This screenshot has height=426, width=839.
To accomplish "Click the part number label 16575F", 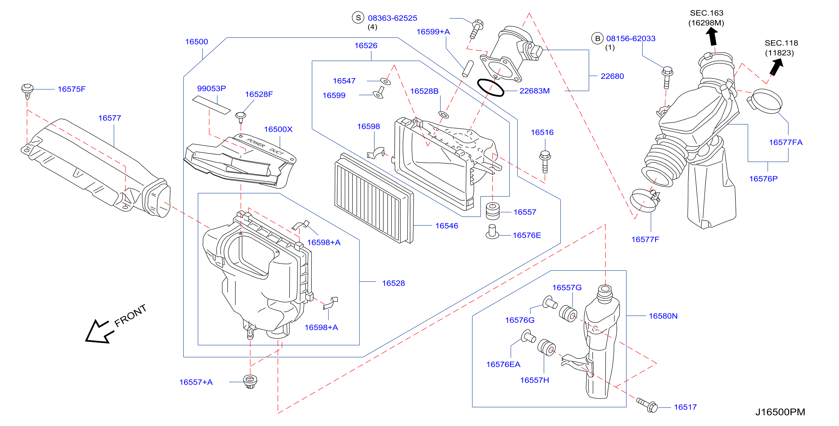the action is pyautogui.click(x=71, y=89).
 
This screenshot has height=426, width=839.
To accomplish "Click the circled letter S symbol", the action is pyautogui.click(x=358, y=18).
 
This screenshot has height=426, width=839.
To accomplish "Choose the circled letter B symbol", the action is pyautogui.click(x=597, y=38).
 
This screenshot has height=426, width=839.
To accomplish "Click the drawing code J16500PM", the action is pyautogui.click(x=780, y=412).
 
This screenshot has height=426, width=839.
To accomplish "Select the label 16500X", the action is pyautogui.click(x=278, y=129).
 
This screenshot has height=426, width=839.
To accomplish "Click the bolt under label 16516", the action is pyautogui.click(x=545, y=162).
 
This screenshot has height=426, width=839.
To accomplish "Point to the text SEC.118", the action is pyautogui.click(x=781, y=43).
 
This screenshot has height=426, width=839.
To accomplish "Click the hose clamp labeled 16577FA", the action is pyautogui.click(x=764, y=101).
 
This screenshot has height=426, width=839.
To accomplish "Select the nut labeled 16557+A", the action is pyautogui.click(x=250, y=382).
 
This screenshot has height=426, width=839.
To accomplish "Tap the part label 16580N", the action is pyautogui.click(x=663, y=316).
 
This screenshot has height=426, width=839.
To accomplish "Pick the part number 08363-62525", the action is pyautogui.click(x=392, y=18).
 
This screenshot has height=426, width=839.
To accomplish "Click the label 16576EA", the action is pyautogui.click(x=503, y=365).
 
